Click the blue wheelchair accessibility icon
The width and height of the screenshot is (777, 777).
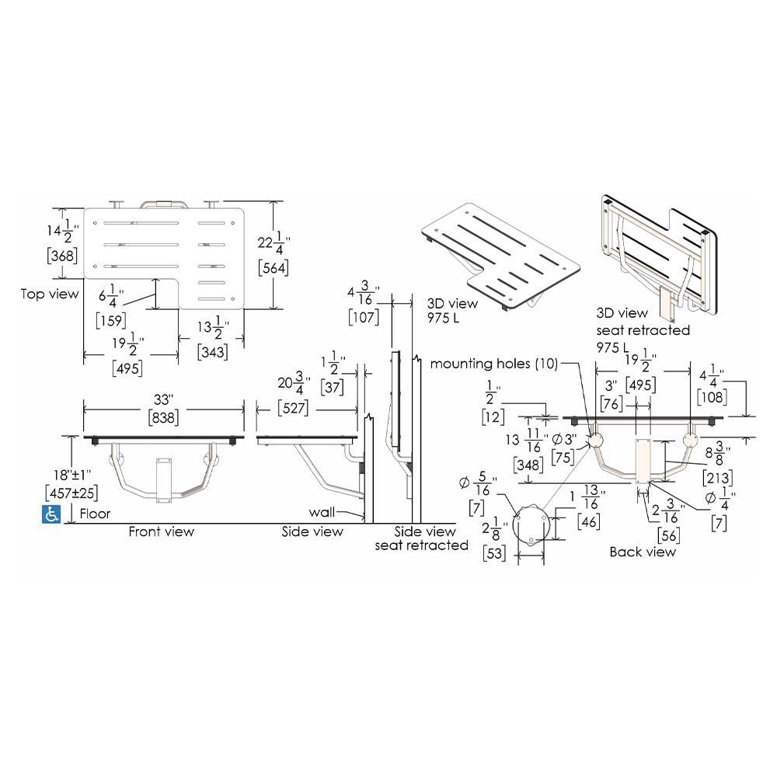51,514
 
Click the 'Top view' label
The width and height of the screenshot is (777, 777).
50,294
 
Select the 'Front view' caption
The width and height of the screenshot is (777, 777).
162,531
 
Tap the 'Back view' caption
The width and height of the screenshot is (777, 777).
643,552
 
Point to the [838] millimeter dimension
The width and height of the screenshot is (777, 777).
163,418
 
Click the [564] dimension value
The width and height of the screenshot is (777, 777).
274,268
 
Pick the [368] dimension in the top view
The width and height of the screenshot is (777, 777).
62,256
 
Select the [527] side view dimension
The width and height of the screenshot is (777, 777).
293,408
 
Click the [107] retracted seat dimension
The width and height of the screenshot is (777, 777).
364,317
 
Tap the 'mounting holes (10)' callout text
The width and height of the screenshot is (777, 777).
494,364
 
